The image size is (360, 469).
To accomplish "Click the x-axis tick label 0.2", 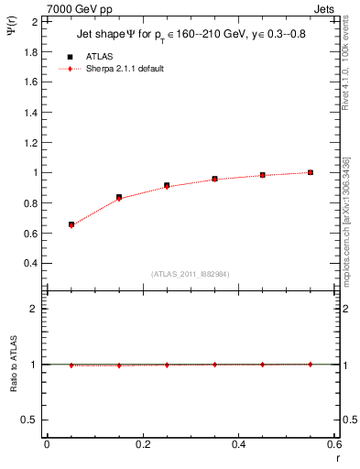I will [142, 443].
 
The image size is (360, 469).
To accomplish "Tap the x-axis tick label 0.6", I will [333, 443].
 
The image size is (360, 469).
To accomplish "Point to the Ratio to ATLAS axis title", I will [14, 364].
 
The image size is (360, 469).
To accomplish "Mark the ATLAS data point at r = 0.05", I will [71, 224].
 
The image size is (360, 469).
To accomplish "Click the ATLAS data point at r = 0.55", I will [311, 172].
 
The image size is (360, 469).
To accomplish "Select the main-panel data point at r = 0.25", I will [167, 185].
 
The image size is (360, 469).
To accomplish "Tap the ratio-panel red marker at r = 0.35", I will [214, 364].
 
